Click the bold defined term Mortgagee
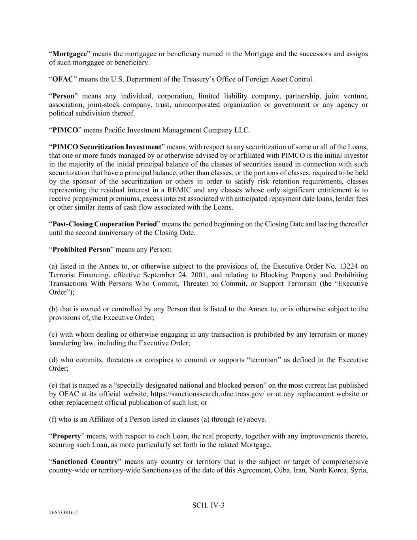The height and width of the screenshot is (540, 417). point(70,54)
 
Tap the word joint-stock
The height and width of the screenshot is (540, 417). point(104,105)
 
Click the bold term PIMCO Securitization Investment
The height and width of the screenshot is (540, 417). point(107,147)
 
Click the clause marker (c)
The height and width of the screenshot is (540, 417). point(53,334)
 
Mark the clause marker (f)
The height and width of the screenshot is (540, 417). point(53,419)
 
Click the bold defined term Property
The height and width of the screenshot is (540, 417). point(66,436)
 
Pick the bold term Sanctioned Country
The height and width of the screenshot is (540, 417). point(85,462)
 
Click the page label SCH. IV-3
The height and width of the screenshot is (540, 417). point(208,505)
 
